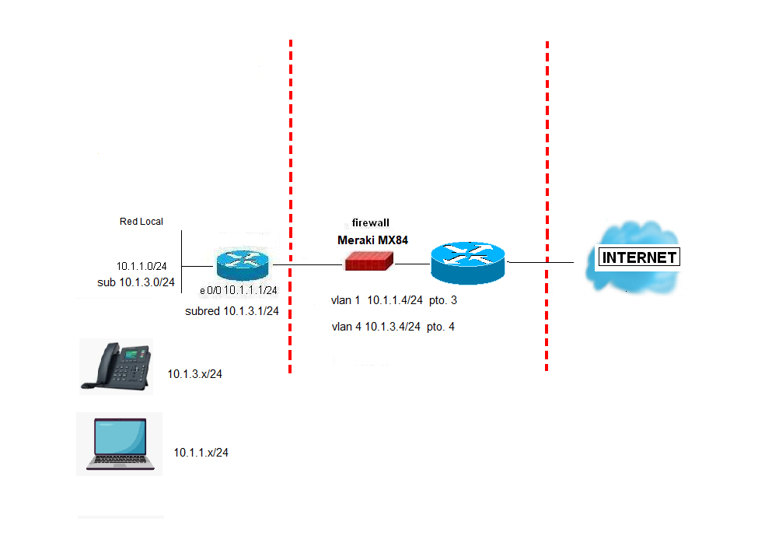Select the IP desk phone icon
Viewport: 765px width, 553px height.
pyautogui.click(x=116, y=366)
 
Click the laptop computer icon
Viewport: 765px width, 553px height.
pyautogui.click(x=120, y=445)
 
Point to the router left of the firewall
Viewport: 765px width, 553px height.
pyautogui.click(x=241, y=264)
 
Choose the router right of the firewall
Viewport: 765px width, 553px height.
pyautogui.click(x=468, y=263)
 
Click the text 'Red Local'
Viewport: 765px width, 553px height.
pyautogui.click(x=141, y=222)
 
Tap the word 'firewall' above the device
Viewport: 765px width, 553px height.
pyautogui.click(x=371, y=222)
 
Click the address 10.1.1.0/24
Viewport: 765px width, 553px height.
pyautogui.click(x=141, y=266)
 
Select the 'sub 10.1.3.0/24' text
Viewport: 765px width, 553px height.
pyautogui.click(x=135, y=282)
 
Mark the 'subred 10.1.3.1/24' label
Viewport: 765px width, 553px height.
pyautogui.click(x=232, y=311)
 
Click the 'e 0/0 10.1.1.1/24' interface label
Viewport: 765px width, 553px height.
pyautogui.click(x=239, y=290)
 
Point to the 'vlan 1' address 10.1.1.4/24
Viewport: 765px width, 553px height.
pyautogui.click(x=394, y=300)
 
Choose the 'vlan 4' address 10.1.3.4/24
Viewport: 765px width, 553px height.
pyautogui.click(x=393, y=327)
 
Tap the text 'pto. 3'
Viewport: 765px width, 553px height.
pyautogui.click(x=442, y=300)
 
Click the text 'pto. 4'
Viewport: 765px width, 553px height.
pyautogui.click(x=441, y=327)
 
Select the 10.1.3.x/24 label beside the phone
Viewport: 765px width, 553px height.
pyautogui.click(x=194, y=374)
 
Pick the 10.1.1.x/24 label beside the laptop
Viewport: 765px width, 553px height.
pyautogui.click(x=201, y=453)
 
